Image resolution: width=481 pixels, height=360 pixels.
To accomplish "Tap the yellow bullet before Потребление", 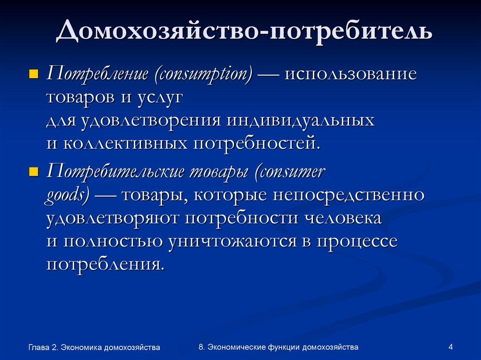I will [33, 74].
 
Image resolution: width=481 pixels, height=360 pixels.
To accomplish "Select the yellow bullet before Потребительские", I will [33, 172].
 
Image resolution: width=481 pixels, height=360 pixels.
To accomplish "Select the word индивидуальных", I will [301, 120].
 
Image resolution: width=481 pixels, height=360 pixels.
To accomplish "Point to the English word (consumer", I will [289, 172].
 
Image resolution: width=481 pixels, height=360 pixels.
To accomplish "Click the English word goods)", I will [68, 195].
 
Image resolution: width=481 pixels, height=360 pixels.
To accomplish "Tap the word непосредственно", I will [351, 195].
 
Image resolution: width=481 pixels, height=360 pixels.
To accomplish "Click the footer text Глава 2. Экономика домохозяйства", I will [94, 347].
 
